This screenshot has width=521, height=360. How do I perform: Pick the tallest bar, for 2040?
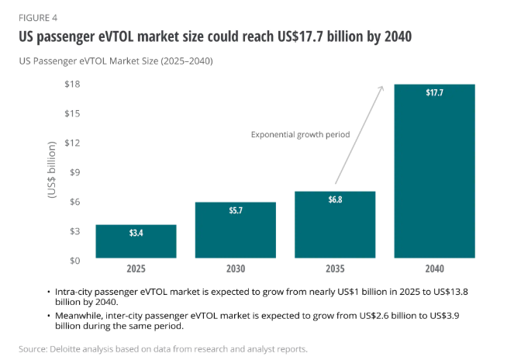[435, 171]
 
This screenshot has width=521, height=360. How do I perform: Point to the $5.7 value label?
[236, 209]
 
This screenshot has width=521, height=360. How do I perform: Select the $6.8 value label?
[335, 199]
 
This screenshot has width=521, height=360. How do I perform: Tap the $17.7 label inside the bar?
[435, 93]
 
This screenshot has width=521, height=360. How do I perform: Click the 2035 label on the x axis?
[335, 269]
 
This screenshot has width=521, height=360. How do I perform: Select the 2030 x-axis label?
[236, 269]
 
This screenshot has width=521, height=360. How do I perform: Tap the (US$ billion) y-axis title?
[53, 171]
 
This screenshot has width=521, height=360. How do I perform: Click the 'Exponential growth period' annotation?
[300, 134]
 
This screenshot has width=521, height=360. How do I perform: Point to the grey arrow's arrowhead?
[382, 88]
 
